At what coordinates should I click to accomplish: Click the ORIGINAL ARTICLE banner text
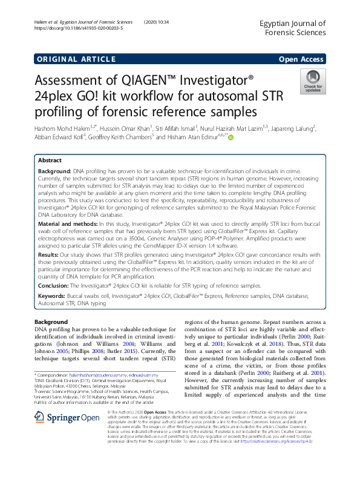[x=76, y=59]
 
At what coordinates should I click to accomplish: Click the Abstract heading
[x=50, y=161]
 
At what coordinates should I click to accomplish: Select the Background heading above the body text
[x=51, y=322]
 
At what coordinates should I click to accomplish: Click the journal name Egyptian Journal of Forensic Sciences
[x=292, y=28]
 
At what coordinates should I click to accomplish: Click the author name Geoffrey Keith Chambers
[x=120, y=137]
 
